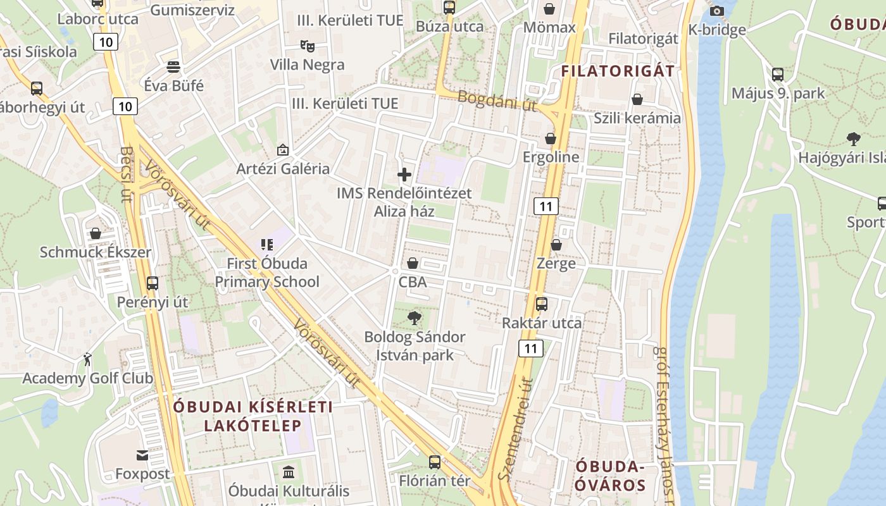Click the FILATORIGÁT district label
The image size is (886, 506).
[618, 71]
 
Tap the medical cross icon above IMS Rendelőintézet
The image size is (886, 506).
[404, 175]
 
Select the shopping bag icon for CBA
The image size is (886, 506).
[413, 262]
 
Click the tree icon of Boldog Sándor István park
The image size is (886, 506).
[415, 318]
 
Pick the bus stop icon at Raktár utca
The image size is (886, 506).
[542, 304]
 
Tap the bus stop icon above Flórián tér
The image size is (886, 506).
[434, 462]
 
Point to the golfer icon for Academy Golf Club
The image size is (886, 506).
[87, 359]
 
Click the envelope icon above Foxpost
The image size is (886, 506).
[142, 455]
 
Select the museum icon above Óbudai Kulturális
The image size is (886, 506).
[289, 472]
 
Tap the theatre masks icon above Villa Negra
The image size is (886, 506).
[307, 46]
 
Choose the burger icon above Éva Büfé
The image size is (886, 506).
[173, 66]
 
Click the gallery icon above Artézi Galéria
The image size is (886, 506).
[282, 150]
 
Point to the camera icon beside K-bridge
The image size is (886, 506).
[717, 11]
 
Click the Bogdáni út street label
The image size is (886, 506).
[497, 101]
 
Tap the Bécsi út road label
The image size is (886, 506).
[126, 175]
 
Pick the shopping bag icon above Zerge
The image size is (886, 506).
[556, 244]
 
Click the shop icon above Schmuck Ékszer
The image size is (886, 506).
[95, 233]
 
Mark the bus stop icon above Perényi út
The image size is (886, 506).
[152, 283]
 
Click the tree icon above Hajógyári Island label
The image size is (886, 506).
[853, 139]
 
